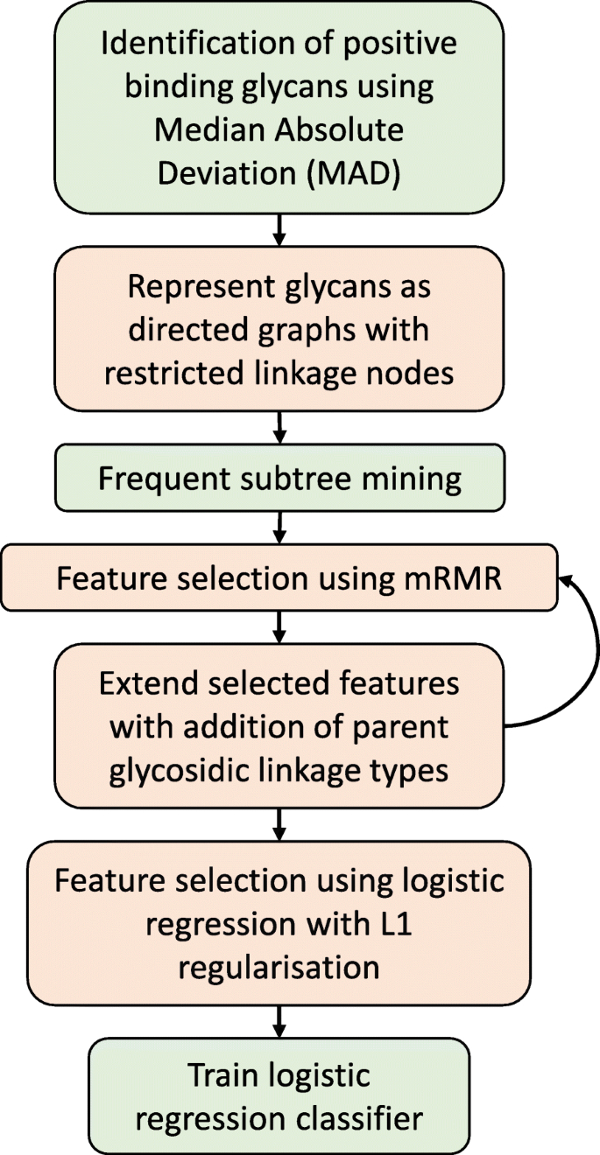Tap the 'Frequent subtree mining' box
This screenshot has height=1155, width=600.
pos(279,479)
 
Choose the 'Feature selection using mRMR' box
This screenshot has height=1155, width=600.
pos(279,578)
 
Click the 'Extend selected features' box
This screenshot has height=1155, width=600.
pos(279,726)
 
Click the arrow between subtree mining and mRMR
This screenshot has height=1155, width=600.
pos(279,528)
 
